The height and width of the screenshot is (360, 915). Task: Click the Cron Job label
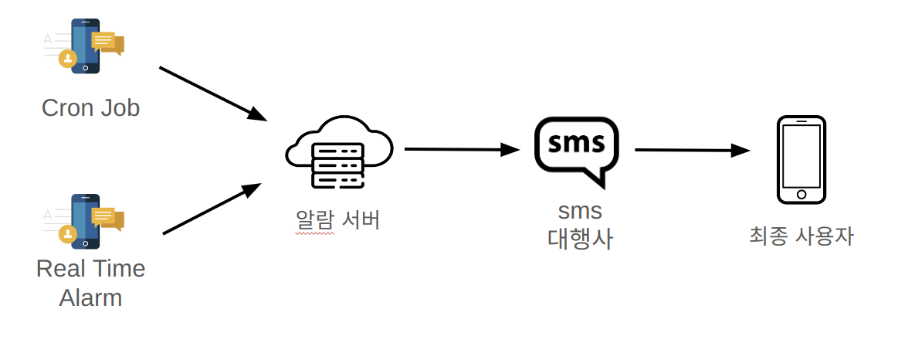(90, 107)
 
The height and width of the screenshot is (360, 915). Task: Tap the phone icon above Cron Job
(85, 46)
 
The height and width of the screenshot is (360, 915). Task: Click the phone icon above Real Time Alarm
(85, 221)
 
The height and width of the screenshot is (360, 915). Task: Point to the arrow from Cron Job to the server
(212, 93)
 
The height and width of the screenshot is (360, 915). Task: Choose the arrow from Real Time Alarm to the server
(212, 209)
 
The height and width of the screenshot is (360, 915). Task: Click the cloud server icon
(338, 152)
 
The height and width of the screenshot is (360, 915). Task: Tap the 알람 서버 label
(338, 220)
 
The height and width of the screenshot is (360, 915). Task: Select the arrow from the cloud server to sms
(461, 149)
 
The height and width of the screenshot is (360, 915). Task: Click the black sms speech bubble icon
(576, 150)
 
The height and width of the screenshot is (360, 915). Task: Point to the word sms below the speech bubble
(579, 210)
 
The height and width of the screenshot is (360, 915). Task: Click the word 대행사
(579, 239)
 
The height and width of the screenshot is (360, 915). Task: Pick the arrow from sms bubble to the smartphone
(691, 151)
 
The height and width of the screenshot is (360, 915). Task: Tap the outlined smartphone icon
(801, 160)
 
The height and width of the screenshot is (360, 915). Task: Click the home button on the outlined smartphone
(801, 194)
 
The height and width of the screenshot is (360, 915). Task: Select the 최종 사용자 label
(801, 236)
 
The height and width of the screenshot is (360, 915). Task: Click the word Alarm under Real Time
(90, 297)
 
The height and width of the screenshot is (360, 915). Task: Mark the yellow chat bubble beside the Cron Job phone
(107, 42)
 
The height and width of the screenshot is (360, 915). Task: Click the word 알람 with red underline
(315, 220)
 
